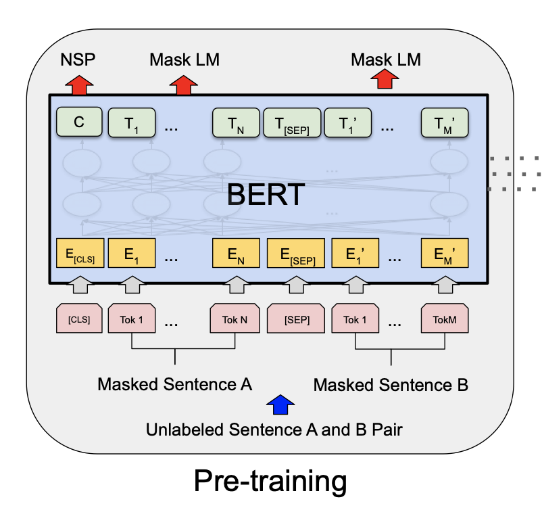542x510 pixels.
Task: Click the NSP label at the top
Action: click(78, 60)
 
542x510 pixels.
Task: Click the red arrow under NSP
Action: click(79, 85)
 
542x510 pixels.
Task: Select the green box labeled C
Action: click(79, 122)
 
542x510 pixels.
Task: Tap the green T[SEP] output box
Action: click(292, 123)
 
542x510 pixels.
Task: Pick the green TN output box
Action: click(236, 123)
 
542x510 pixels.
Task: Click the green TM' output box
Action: click(445, 123)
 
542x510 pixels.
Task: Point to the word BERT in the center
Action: click(266, 194)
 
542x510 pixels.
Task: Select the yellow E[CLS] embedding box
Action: click(80, 253)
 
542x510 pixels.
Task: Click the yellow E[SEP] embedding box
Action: click(296, 253)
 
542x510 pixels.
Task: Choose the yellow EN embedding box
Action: click(236, 253)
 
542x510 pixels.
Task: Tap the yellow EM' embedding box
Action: click(445, 253)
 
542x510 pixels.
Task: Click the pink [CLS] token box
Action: click(79, 319)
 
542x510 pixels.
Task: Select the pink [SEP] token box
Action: click(296, 319)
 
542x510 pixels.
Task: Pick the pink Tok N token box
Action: click(235, 319)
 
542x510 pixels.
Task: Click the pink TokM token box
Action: click(445, 319)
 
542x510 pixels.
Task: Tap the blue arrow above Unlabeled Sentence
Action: click(280, 404)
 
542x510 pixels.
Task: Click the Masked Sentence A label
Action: click(174, 384)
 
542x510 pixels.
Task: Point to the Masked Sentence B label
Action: click(391, 385)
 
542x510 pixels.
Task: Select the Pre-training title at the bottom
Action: click(270, 482)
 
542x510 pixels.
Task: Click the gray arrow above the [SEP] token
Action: click(296, 285)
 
